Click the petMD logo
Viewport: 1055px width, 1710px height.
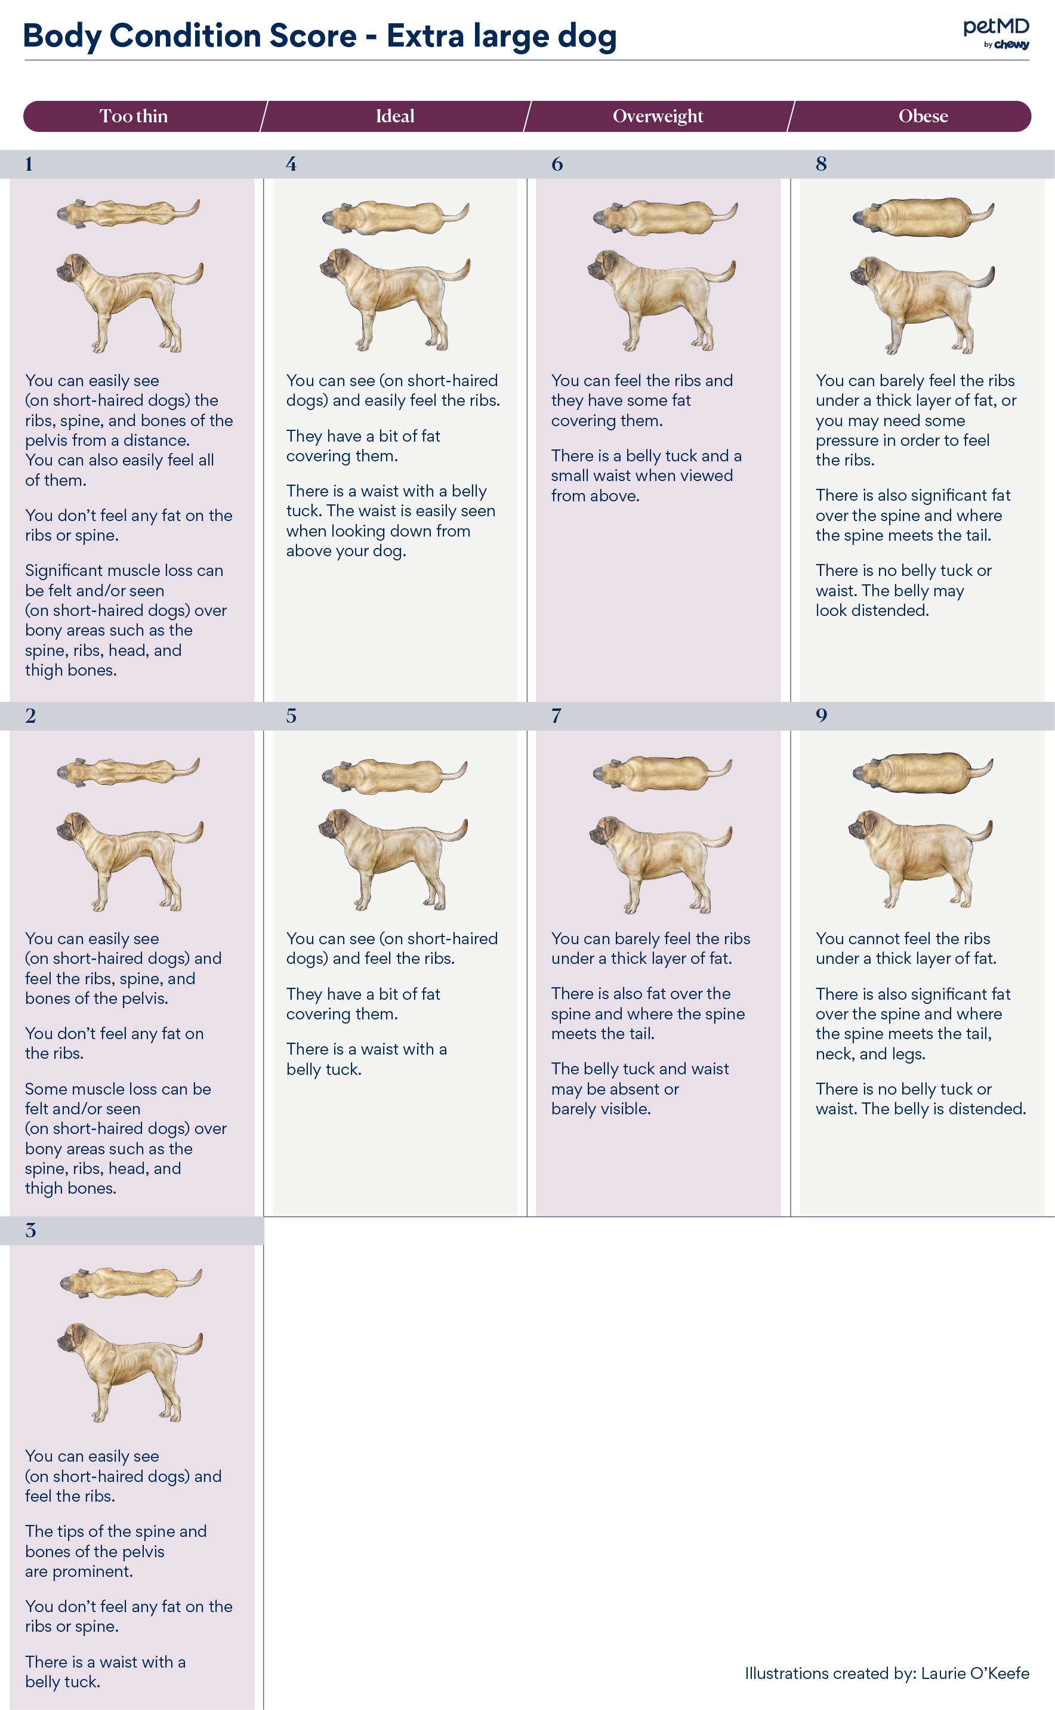point(996,33)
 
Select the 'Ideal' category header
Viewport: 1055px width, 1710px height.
point(395,116)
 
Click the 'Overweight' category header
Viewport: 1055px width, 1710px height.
point(658,116)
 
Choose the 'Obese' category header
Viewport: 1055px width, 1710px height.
point(923,116)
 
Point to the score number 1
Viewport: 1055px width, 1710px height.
point(29,164)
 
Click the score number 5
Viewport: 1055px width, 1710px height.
point(291,716)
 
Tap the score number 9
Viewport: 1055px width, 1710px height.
point(821,716)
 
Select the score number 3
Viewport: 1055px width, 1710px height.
point(30,1231)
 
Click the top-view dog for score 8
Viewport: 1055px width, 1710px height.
point(923,217)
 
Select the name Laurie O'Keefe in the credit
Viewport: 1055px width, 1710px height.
point(975,1673)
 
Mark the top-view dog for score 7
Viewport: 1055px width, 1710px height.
point(662,774)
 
